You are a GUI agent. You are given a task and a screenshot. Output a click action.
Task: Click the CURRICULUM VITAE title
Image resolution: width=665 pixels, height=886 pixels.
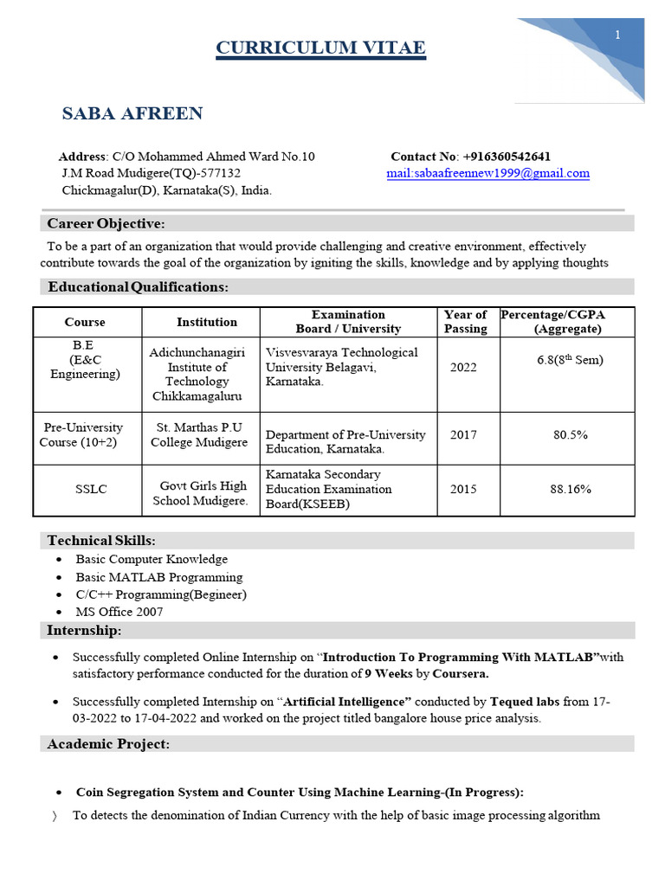coord(320,48)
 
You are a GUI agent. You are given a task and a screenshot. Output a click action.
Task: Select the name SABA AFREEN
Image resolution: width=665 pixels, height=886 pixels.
coord(132,113)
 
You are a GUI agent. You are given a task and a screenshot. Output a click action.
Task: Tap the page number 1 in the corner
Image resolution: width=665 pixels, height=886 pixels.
coord(617,35)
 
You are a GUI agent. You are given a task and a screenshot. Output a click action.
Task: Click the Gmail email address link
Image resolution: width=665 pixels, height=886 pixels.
coord(487,173)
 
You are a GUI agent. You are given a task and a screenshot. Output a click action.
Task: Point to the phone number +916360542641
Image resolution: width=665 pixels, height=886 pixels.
coord(507,157)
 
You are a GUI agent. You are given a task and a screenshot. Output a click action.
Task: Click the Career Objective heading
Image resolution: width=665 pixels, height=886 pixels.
coord(106,224)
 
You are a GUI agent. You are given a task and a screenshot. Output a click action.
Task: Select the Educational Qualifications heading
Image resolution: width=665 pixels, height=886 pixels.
coord(139,286)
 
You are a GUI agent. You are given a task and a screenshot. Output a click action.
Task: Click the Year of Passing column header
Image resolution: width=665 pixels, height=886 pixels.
coord(465,322)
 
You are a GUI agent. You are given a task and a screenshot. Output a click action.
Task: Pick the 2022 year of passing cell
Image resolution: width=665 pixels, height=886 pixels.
coord(463,367)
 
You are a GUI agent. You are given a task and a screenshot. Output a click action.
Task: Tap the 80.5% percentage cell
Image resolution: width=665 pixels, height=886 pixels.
coord(571,434)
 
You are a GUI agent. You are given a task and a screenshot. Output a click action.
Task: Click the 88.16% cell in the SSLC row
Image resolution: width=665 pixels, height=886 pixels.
coord(571,489)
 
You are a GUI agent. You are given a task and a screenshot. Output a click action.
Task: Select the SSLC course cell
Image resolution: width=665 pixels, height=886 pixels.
coord(91,489)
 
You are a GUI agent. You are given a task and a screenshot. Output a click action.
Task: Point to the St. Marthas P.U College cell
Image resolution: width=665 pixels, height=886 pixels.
coord(199,434)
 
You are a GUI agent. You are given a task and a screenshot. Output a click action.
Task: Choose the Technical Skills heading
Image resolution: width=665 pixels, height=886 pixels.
coord(101,540)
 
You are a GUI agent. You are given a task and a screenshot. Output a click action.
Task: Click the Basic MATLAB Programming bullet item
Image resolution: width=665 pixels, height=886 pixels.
coord(159,577)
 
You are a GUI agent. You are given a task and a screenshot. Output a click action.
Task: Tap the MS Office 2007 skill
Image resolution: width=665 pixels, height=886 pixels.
coord(119,612)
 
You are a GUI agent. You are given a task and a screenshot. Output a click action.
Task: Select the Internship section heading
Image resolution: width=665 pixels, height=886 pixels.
coord(84,630)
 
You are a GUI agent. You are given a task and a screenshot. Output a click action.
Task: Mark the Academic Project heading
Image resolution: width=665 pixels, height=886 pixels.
coord(108,744)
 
